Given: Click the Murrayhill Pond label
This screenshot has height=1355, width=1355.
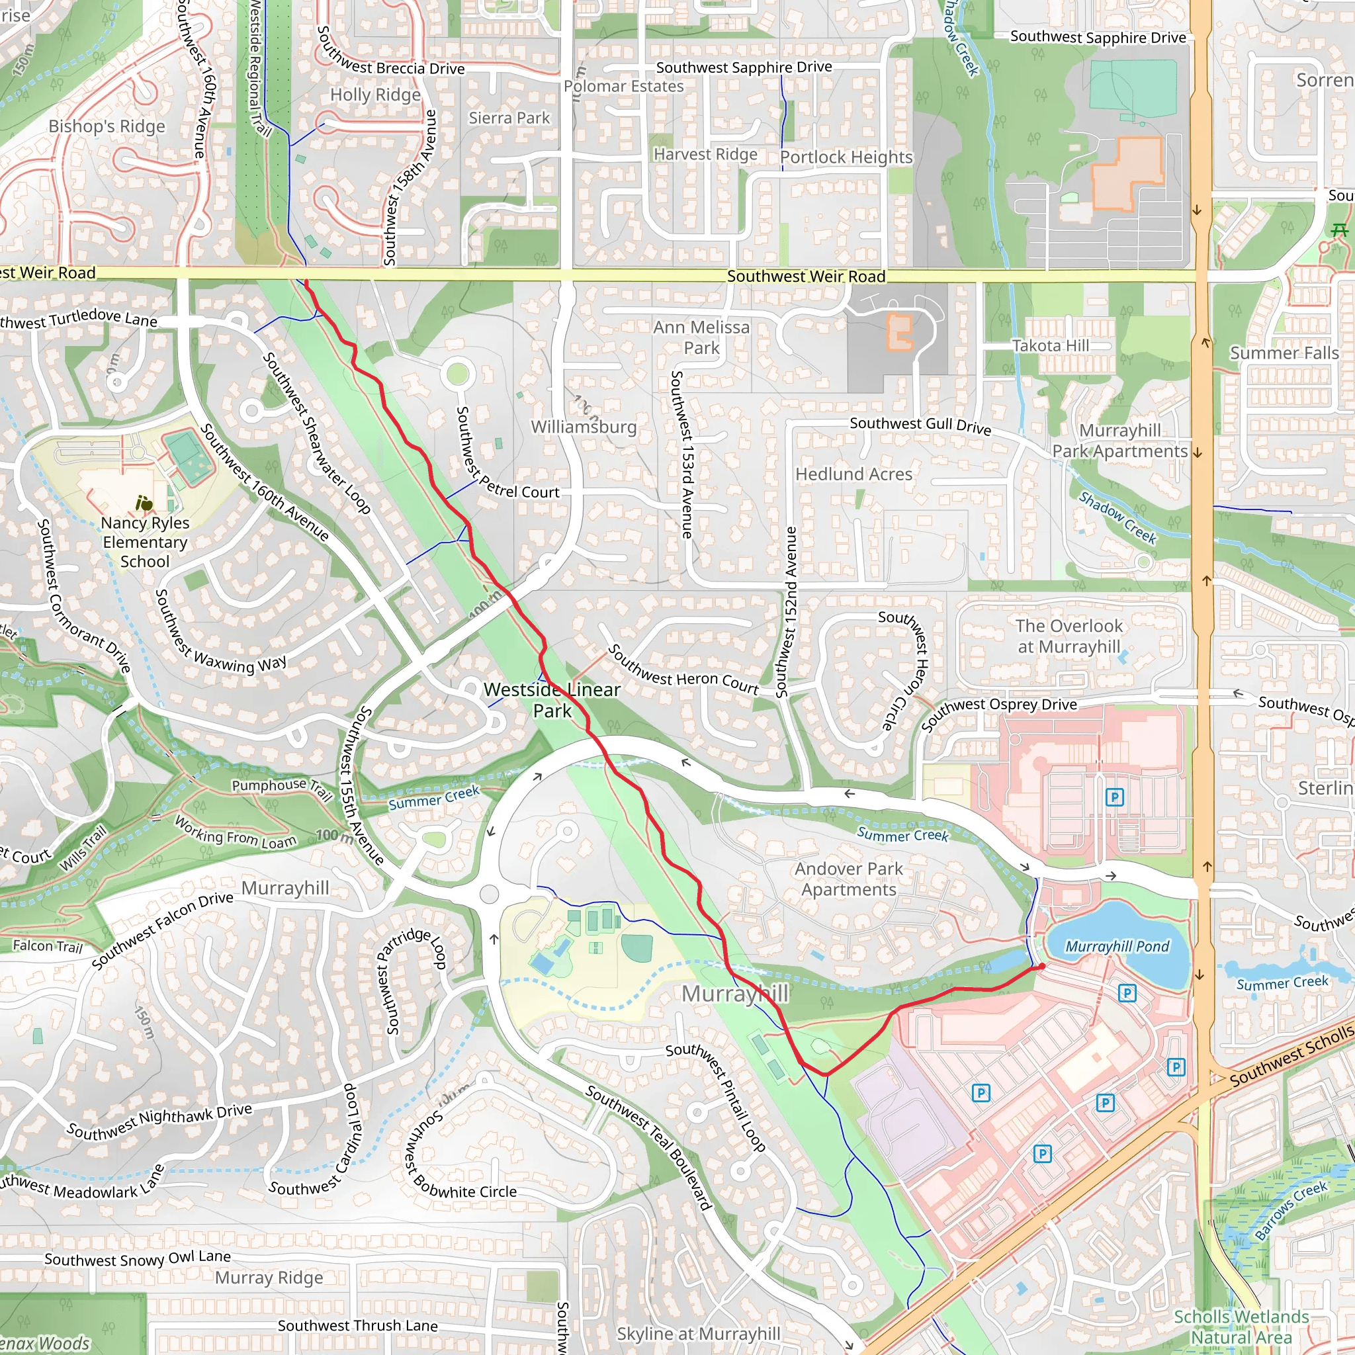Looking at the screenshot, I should point(1117,946).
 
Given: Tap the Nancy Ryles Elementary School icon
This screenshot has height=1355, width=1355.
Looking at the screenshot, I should point(144,503).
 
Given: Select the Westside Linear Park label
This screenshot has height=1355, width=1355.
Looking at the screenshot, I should point(552,700).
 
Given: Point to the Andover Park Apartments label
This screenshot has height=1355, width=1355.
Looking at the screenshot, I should point(849,879).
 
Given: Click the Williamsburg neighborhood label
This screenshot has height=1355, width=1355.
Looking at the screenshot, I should point(584,427).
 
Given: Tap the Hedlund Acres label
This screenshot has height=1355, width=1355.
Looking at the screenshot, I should point(853,474).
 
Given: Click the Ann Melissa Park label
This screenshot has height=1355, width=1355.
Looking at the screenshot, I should point(701,337).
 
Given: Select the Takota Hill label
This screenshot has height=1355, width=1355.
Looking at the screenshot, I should point(1051,345).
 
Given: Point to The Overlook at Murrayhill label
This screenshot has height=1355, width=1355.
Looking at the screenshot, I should point(1069,636).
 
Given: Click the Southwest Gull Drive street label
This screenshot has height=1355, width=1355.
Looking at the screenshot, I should point(920,425).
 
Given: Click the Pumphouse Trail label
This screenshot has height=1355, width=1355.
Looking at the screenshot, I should point(281,787).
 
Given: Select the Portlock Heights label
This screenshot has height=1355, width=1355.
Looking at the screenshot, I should point(846,157).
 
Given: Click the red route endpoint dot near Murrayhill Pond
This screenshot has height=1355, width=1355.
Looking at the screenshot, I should point(1042,967).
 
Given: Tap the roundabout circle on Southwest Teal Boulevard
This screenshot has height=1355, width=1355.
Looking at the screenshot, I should point(490,895).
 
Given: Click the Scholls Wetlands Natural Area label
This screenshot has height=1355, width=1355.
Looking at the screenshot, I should point(1241,1327).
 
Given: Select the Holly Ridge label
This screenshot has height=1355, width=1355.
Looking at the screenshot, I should point(375,95).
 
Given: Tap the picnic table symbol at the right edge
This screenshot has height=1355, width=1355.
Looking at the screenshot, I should point(1340,230).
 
